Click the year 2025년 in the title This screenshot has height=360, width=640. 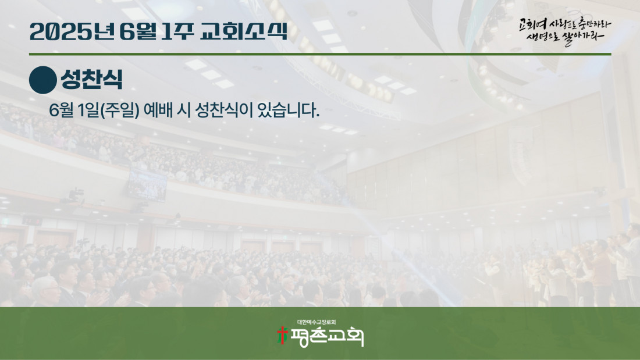pos(72,31)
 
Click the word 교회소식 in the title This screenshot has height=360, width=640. pos(244,31)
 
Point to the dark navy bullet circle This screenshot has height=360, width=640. pos(43,80)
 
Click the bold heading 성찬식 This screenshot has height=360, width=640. pos(92,79)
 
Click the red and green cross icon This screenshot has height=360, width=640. pos(282,336)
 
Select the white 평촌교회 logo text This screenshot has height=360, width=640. pos(326,337)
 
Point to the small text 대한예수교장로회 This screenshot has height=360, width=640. pos(317,322)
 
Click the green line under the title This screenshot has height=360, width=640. pos(320,54)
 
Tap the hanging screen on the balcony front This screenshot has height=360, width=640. pos(147,184)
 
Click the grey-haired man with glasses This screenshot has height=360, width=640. pos(46,291)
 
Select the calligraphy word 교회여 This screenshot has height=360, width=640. pos(532,24)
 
